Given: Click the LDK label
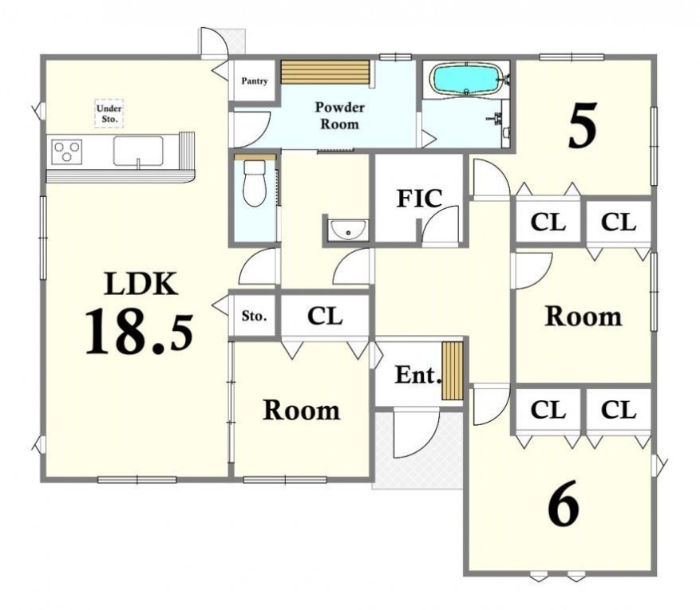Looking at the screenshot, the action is [141, 284].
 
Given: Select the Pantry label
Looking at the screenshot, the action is [255, 81].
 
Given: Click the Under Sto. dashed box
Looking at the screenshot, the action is [109, 114].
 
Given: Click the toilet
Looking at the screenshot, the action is [255, 183].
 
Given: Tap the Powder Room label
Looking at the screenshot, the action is [340, 116].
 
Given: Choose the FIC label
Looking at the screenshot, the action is [419, 199].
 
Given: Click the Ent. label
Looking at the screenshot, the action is [418, 375].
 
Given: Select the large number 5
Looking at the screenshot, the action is [583, 125].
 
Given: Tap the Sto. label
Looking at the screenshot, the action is [255, 316].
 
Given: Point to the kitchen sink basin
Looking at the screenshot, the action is [138, 152].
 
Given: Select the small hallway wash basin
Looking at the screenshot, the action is [348, 230].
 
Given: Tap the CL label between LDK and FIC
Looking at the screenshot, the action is [325, 316].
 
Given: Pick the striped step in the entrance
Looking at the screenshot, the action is [453, 371].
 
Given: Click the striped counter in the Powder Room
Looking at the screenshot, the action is [326, 72].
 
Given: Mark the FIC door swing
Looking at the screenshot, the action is [441, 225].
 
